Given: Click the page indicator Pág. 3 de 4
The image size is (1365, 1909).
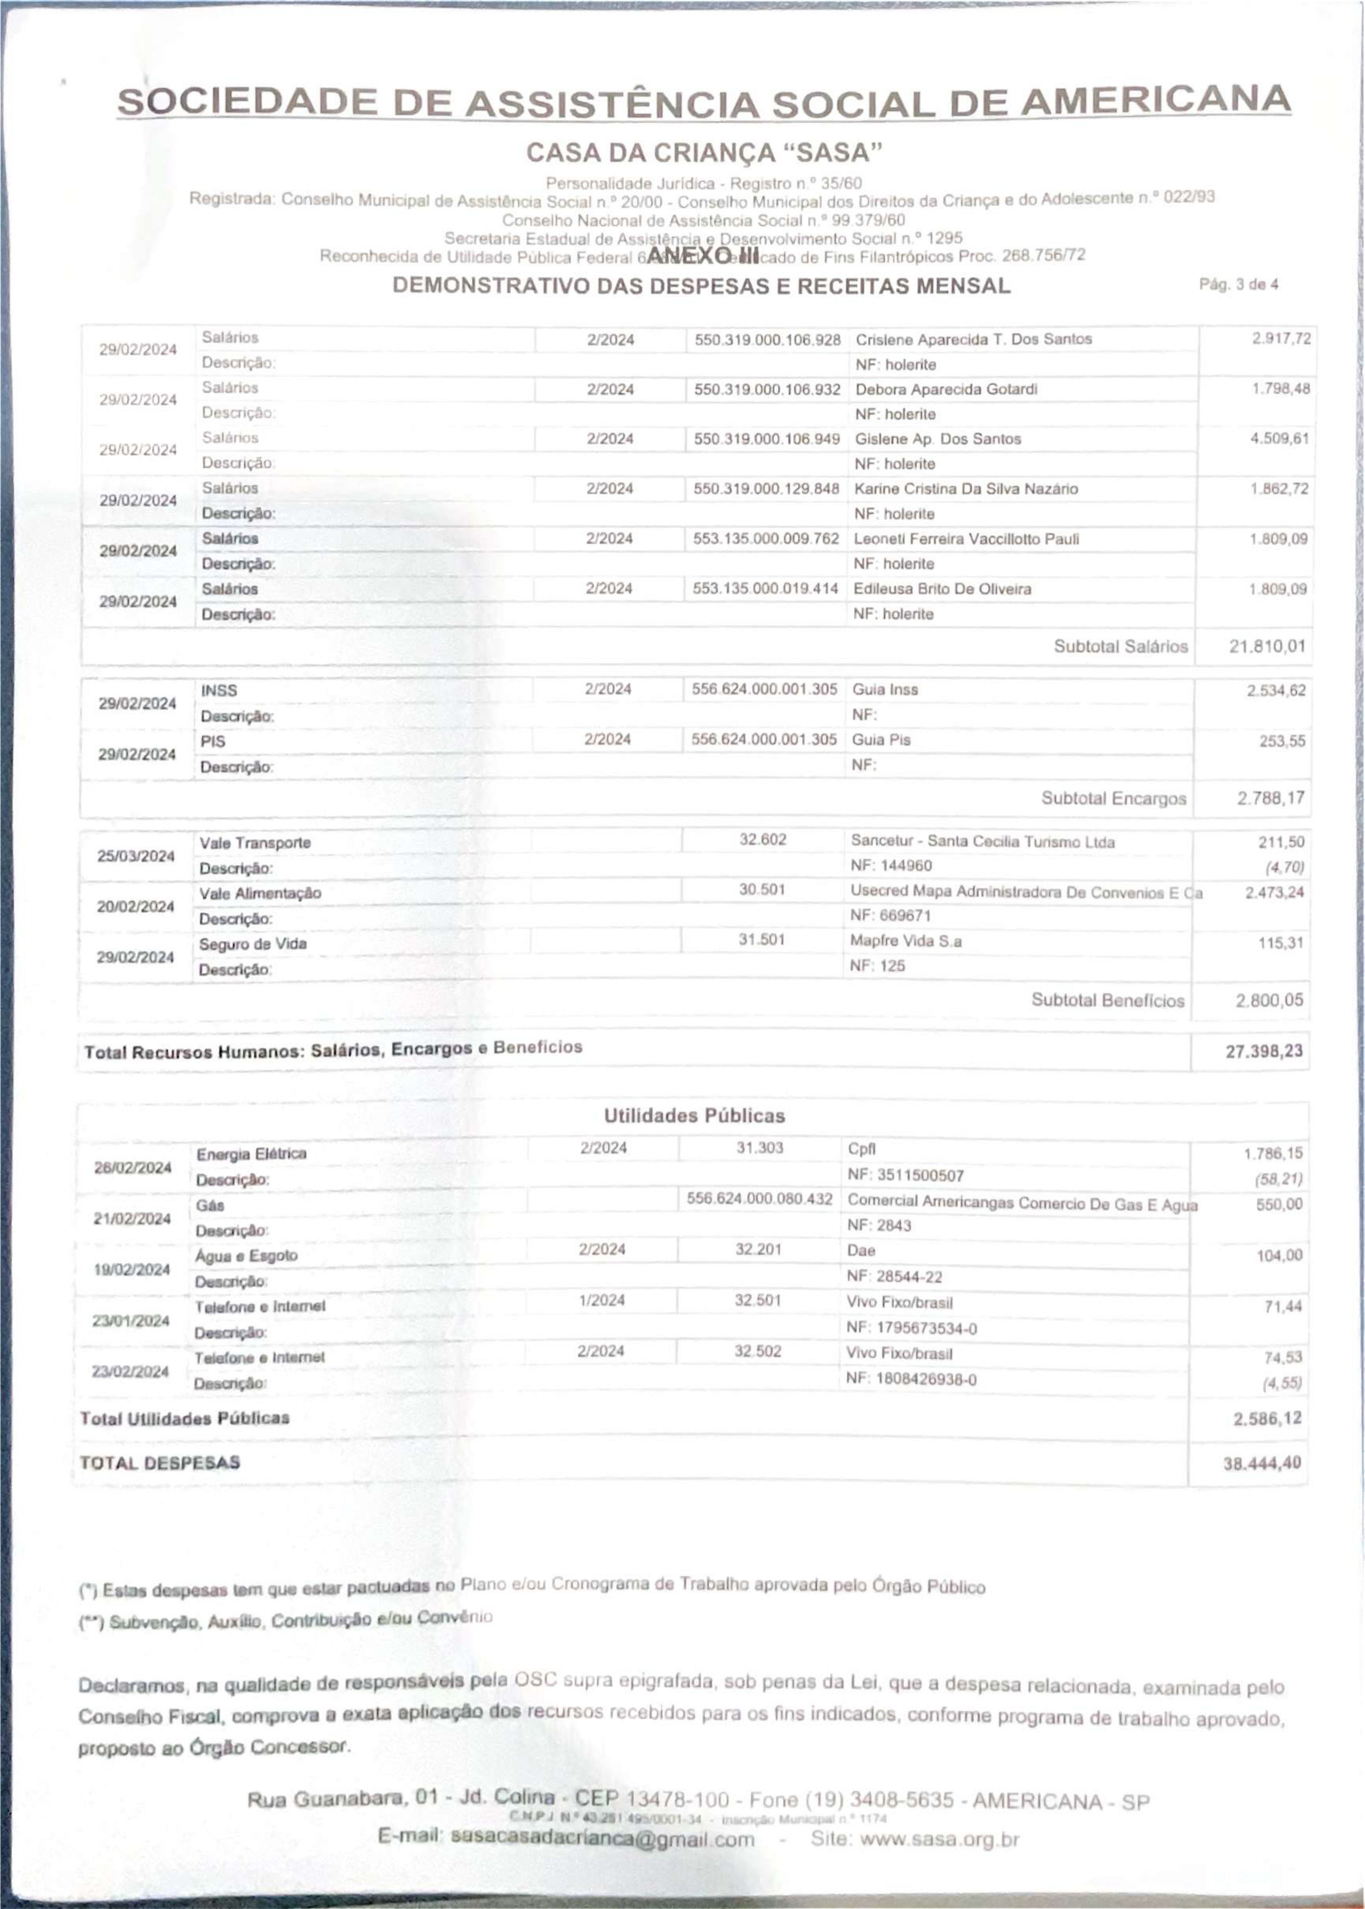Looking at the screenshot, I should tap(1238, 285).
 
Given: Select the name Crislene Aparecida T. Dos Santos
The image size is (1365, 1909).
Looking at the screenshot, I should tap(973, 340).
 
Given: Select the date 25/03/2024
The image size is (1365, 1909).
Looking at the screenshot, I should tap(135, 856).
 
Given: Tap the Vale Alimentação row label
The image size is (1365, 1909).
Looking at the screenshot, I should tap(260, 893).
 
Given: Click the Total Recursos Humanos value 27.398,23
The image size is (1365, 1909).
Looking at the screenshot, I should tap(1263, 1051).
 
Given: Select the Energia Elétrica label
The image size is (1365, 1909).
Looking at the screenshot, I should tap(251, 1153).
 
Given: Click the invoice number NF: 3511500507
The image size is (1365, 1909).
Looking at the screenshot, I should tap(905, 1175).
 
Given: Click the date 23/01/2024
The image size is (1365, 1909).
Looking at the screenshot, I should tap(131, 1320).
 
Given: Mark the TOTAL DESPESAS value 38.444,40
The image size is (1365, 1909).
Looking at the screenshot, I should tap(1261, 1464).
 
